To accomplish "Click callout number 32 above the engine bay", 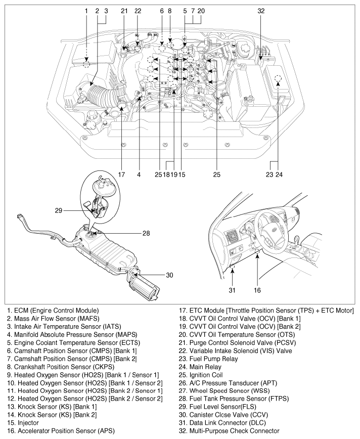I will click(260, 10).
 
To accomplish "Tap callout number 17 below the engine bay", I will click(121, 174).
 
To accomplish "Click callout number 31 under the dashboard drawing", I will click(232, 290).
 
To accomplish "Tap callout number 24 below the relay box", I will click(279, 174).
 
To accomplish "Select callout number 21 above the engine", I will click(124, 10).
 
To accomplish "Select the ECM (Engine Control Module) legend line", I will click(53, 310).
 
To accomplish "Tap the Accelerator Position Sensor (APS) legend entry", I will click(61, 431).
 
